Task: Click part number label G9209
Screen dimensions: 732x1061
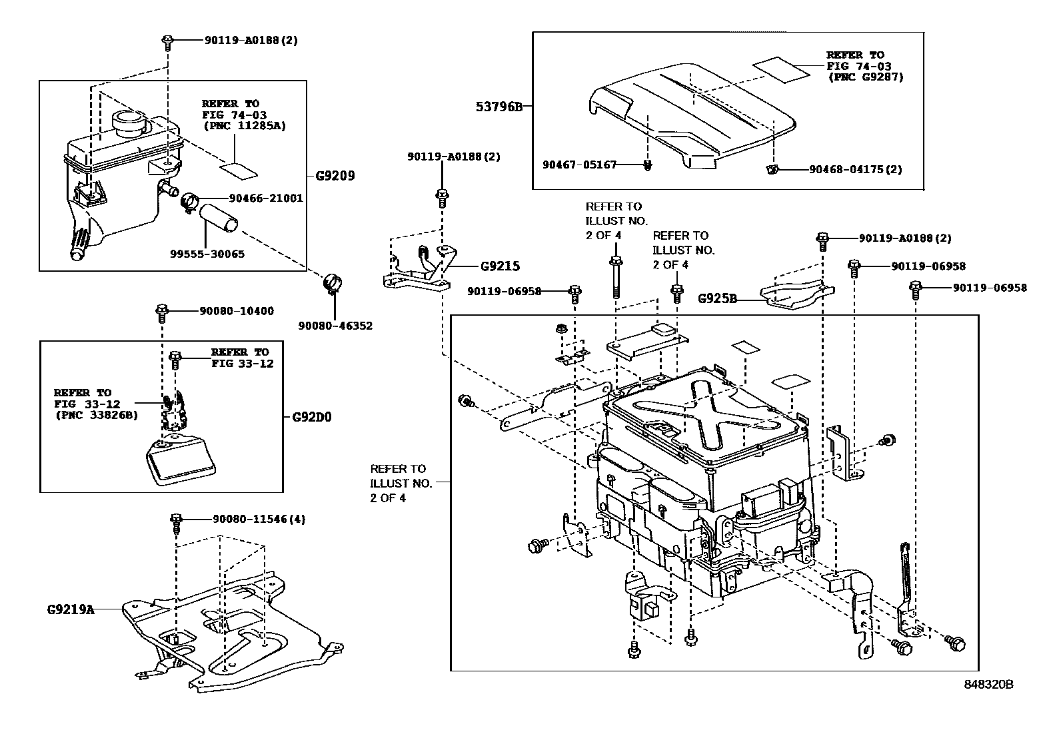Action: coord(335,176)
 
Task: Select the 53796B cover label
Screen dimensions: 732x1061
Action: coord(499,106)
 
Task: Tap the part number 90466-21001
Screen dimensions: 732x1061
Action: coord(265,198)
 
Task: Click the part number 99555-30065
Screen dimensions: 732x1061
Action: coord(207,254)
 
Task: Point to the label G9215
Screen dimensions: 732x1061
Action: coord(500,266)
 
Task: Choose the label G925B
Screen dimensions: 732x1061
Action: coord(717,298)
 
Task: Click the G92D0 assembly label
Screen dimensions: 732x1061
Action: coord(312,418)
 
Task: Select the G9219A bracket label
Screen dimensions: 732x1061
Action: coord(71,609)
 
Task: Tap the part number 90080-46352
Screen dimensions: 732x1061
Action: coord(335,326)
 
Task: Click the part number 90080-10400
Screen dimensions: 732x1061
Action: coord(237,311)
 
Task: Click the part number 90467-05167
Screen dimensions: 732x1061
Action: coord(579,164)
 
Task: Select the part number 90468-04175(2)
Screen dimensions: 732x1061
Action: coord(855,169)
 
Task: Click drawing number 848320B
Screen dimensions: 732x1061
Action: coord(988,685)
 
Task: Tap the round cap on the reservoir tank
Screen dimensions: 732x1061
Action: coord(128,122)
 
